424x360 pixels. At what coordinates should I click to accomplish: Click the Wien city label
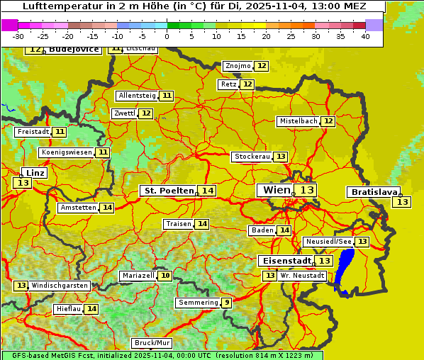pos(276,190)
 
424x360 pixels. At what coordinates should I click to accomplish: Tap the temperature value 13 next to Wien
pos(306,190)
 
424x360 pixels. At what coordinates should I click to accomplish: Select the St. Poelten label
pos(168,191)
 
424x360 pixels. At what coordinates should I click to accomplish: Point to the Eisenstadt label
pos(284,261)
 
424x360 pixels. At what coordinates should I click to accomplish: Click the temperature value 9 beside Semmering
pos(226,303)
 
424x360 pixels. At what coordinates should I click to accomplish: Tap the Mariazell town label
pos(138,275)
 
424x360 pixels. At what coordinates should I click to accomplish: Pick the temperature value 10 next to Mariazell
pos(165,275)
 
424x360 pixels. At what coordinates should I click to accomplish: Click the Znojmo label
pos(238,66)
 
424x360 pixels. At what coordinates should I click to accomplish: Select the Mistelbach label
pos(298,121)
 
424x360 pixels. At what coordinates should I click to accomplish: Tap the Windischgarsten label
pos(60,286)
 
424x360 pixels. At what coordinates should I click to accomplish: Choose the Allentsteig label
pos(137,96)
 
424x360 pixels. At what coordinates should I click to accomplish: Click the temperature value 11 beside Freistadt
pos(60,132)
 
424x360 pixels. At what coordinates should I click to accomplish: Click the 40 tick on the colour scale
pos(365,36)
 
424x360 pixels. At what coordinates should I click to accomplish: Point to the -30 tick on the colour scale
pos(18,36)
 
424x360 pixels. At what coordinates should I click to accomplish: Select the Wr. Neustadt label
pos(302,275)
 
